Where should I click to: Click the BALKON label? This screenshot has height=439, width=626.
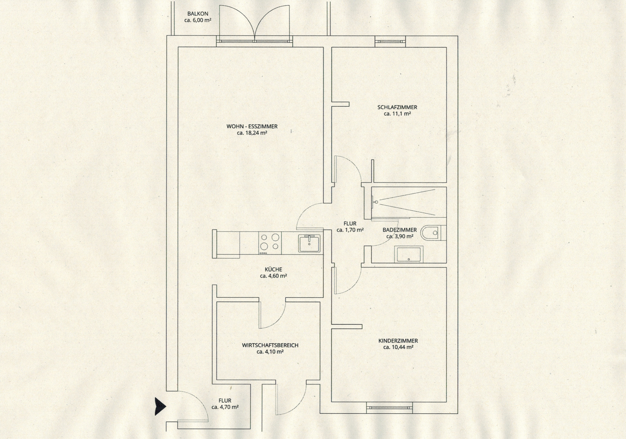pos(198,14)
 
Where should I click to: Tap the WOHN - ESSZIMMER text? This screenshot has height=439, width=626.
pos(252,126)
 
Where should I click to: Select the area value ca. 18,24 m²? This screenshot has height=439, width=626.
pos(252,133)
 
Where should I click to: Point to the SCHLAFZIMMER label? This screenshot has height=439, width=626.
pos(397,107)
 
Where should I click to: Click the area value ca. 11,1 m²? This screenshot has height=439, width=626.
pos(397,114)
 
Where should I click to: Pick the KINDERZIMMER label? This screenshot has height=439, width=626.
pos(398,341)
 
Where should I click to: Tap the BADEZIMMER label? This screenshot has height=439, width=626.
pos(400,230)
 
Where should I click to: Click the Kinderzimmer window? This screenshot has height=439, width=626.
pos(389,407)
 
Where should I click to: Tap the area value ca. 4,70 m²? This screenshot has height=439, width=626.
pos(225,407)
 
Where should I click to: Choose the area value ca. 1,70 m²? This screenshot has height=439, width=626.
pos(350,230)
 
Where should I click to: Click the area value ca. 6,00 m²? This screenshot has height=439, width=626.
pos(198,21)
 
